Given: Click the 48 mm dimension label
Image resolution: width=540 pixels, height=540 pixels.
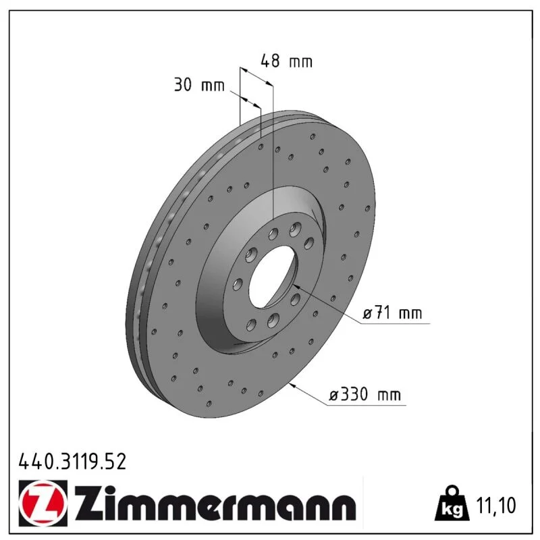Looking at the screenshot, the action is tap(286, 61).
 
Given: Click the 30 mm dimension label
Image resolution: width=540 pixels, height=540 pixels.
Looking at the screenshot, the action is tap(199, 85).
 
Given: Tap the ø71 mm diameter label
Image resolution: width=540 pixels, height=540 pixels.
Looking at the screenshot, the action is tap(392, 313).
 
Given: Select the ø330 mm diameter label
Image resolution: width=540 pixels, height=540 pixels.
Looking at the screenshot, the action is tap(365, 394).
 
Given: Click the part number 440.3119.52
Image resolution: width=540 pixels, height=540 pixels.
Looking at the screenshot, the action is tap(72, 462).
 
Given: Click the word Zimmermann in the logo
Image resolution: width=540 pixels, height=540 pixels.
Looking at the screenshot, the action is tap(215, 504).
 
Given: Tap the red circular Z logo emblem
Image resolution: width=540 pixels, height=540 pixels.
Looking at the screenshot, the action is tap(43, 503).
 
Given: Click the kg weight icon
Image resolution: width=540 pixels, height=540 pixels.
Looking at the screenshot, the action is tap(452, 503).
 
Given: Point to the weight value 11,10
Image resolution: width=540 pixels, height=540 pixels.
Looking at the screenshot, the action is tap(496, 505).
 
